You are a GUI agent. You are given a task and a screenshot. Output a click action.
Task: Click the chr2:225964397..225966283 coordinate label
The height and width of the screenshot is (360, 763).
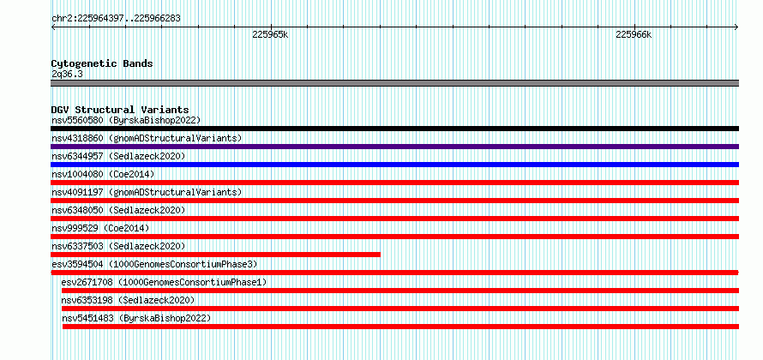(x=116, y=19)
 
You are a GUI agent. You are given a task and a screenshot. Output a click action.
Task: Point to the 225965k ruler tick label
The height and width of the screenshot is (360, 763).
(x=270, y=34)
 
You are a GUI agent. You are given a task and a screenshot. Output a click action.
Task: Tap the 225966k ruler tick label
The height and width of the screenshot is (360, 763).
(x=634, y=34)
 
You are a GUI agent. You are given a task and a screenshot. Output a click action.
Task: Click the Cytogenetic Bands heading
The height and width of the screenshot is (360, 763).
(x=102, y=63)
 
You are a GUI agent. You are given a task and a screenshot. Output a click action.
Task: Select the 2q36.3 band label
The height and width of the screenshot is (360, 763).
(x=67, y=74)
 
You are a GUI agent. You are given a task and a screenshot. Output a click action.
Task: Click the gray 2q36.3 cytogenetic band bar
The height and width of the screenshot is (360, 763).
(x=394, y=83)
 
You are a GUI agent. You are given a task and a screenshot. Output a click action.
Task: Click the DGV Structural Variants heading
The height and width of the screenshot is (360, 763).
(x=120, y=110)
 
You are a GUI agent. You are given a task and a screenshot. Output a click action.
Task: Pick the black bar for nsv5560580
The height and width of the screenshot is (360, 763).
(x=394, y=129)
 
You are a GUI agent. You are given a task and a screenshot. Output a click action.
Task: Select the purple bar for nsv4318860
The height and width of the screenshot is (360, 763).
(x=394, y=147)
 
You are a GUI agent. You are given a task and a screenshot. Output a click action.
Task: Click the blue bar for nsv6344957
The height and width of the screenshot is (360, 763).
(x=394, y=165)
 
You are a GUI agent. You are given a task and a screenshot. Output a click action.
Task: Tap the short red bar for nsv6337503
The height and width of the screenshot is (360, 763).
(x=215, y=255)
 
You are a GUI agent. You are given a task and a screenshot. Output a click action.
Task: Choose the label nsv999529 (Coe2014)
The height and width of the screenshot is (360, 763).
(x=100, y=228)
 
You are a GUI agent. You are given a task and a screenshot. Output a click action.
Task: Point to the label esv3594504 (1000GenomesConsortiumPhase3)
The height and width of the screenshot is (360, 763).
(x=154, y=264)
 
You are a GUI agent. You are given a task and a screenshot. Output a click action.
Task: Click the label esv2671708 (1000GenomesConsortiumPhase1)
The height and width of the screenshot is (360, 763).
(x=164, y=282)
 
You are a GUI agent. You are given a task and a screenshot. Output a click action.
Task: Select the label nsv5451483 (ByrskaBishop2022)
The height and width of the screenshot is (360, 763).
(x=136, y=318)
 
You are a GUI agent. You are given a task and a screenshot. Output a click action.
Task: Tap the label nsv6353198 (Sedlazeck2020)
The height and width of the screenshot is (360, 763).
(x=128, y=300)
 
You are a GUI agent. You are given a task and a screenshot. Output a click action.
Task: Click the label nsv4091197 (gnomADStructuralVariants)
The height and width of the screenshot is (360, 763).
(x=147, y=192)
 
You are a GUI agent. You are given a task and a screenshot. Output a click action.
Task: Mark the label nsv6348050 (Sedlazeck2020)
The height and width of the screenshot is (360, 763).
(x=118, y=210)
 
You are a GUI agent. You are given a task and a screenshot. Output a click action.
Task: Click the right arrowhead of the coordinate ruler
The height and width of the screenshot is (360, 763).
(x=737, y=27)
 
